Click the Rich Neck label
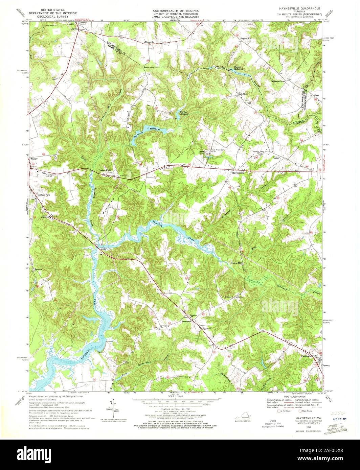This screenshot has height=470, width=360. (243, 94)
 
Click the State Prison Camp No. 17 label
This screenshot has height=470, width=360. (218, 150)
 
